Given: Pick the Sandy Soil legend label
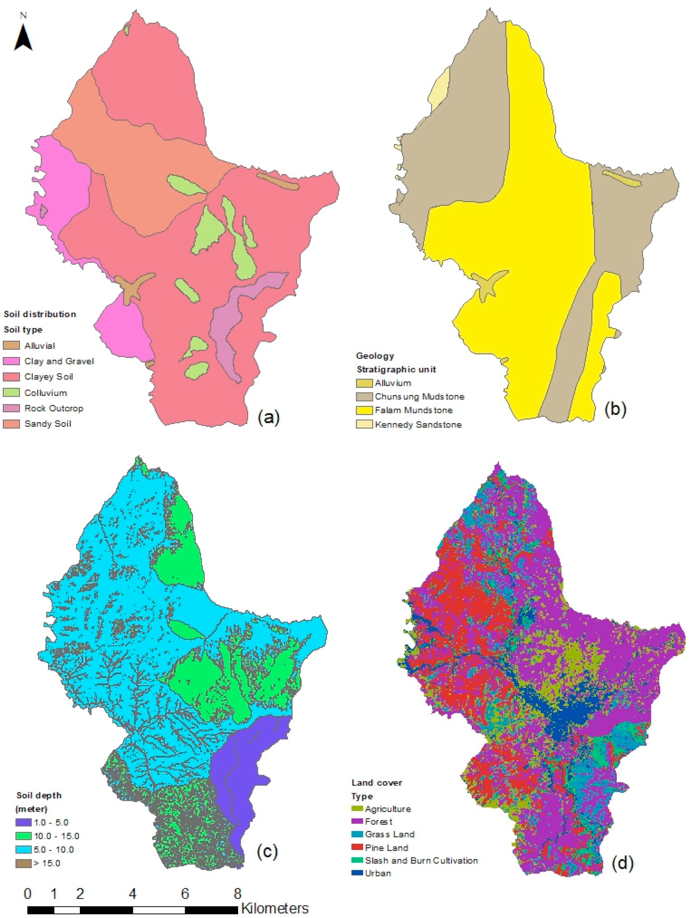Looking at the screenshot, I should [x=48, y=424].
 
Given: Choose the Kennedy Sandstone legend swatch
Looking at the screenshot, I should [x=364, y=424].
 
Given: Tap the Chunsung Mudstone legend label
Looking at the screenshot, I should [x=419, y=396].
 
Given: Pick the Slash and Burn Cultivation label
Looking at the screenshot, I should [x=422, y=860].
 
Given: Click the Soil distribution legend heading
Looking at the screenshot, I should [x=40, y=314].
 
